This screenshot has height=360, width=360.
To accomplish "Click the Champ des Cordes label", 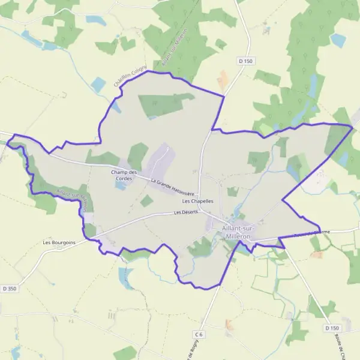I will click(124, 175).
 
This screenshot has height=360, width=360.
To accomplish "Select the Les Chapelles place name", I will click(198, 202).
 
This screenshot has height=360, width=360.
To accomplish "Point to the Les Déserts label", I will click(185, 212).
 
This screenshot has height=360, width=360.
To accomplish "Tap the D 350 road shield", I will click(8, 288).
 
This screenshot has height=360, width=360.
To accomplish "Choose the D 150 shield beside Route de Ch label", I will click(332, 328).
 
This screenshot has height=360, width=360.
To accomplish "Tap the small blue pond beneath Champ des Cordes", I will click(122, 185).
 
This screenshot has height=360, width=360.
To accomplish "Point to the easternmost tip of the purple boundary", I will click(353, 126).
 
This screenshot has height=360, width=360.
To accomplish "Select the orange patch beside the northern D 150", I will click(223, 81).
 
